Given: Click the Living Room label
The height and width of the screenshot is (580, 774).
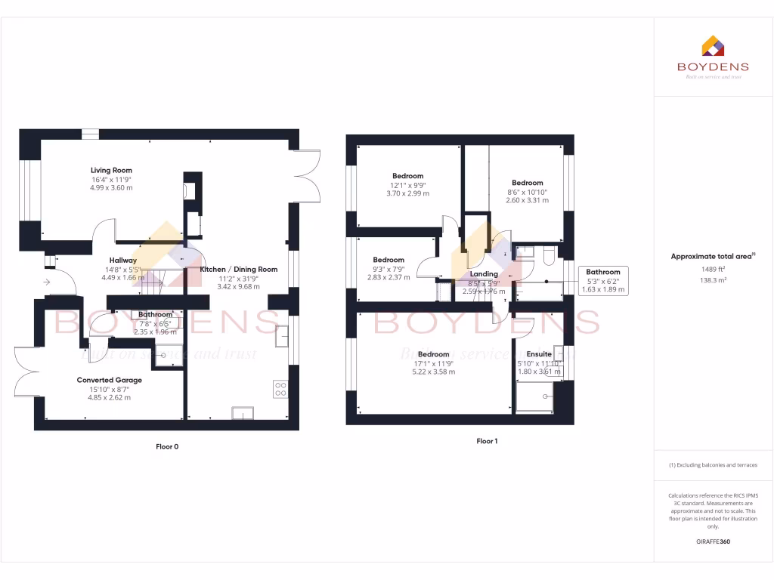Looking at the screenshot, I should tap(111, 171).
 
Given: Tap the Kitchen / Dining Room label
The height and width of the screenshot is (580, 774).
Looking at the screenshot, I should tap(238, 270).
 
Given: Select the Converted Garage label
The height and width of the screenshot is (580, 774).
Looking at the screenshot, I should tap(109, 380).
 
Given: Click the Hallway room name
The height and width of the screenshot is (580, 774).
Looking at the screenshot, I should tap(122, 261).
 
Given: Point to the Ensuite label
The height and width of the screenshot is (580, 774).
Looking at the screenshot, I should tap(539, 354).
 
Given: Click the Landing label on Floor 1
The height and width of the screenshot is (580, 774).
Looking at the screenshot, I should tap(484, 274).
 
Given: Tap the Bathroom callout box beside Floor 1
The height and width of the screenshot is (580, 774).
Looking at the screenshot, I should tap(602, 280).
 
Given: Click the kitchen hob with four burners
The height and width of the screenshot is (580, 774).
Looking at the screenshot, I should tap(280, 388).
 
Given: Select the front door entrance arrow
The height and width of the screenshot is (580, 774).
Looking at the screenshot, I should tap(48, 282).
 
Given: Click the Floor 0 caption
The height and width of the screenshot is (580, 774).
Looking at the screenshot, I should tap(166, 446).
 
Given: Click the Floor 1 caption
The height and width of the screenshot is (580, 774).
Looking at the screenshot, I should tap(487, 441).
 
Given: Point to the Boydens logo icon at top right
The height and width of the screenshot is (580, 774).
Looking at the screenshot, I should tap(713, 46).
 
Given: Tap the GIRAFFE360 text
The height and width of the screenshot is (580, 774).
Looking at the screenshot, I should tap(713, 541).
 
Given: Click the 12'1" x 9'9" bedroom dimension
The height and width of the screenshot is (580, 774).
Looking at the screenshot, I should tap(407, 185).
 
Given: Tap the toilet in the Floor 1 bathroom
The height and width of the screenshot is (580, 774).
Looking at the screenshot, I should tap(549, 258).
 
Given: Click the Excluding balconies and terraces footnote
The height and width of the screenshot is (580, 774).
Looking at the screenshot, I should tap(713, 465).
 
